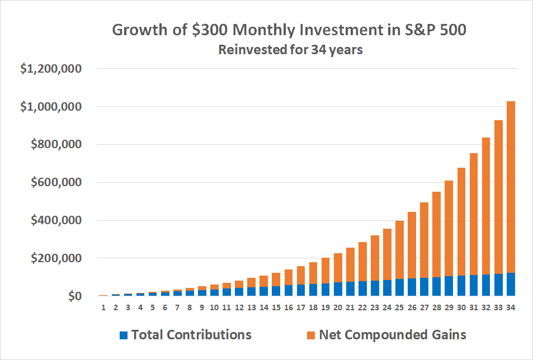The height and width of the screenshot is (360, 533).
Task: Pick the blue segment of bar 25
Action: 399,287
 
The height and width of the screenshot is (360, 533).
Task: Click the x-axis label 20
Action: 337,307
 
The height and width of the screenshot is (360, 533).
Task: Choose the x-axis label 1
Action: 103,307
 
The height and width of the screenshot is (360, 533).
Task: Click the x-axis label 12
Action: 239,307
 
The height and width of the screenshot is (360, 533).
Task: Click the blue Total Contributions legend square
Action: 124,335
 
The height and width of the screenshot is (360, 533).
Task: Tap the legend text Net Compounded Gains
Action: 392,335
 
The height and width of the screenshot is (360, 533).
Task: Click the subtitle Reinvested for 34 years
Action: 290,50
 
